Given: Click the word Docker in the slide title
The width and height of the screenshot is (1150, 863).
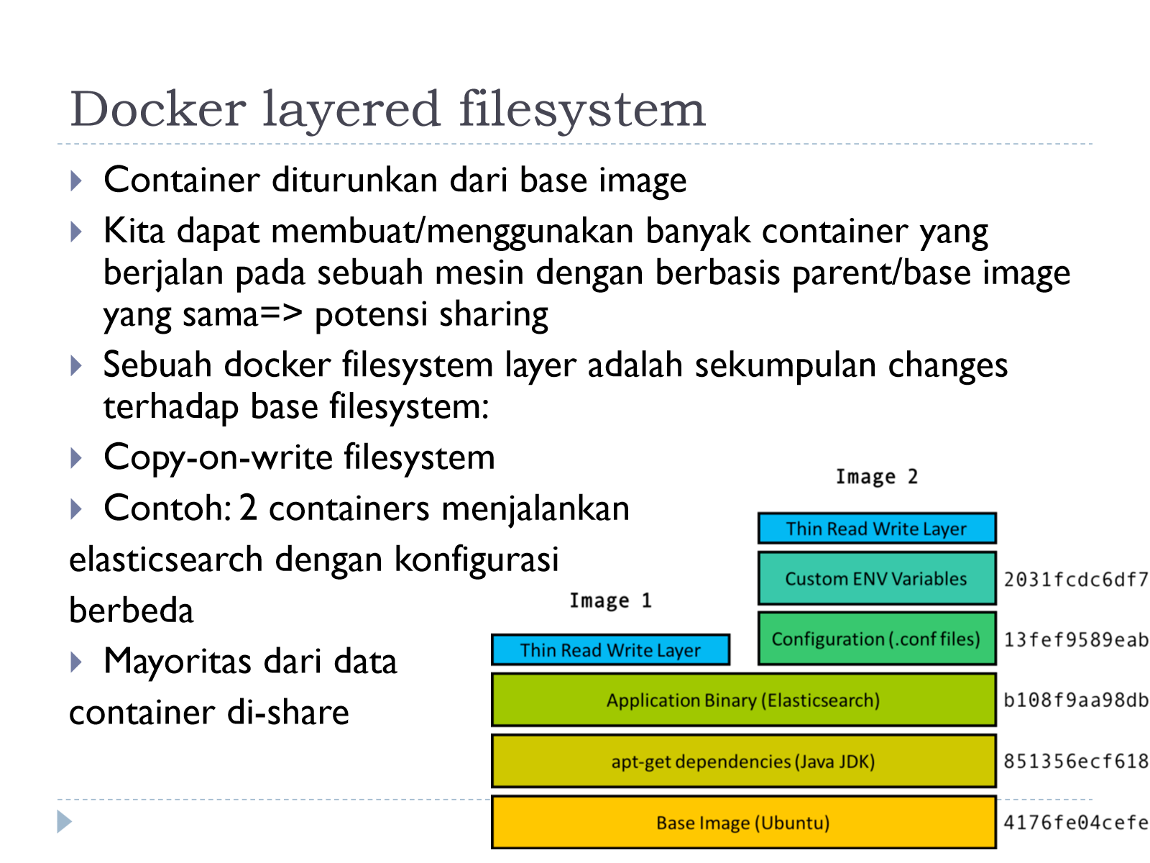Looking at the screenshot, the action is point(158,109).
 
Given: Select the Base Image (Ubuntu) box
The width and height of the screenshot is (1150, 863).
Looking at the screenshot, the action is point(743,822).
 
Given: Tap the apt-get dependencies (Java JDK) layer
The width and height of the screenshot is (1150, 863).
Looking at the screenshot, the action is point(743,761).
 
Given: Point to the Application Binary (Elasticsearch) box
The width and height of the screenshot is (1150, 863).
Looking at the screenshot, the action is point(743,700).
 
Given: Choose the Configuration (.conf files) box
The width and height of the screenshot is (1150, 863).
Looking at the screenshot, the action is point(876,639).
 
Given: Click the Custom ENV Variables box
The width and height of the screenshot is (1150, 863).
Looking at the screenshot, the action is point(876,578).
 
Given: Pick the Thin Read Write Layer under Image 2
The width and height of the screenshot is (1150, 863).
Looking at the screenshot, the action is point(876,528).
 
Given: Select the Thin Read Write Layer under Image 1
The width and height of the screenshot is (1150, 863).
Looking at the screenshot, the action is point(610,649).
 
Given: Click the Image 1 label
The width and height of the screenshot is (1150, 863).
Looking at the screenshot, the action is point(610,600).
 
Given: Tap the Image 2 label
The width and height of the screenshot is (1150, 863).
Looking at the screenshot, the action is point(876,476).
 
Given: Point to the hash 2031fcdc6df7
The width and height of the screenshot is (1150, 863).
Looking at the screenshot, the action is point(1075,580).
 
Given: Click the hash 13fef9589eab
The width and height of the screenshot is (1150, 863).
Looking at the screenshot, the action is point(1075,640).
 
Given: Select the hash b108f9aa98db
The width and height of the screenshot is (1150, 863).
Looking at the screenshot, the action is point(1075,700).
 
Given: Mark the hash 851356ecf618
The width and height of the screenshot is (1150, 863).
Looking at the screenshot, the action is point(1075,762).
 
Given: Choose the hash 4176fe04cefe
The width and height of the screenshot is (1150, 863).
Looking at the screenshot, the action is point(1075,823).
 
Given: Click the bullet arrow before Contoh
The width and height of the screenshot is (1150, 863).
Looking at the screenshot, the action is point(76,508).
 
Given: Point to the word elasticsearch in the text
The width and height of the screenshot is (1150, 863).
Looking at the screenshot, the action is point(165,559).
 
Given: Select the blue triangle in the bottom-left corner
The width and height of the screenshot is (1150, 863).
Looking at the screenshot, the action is point(64,821).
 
